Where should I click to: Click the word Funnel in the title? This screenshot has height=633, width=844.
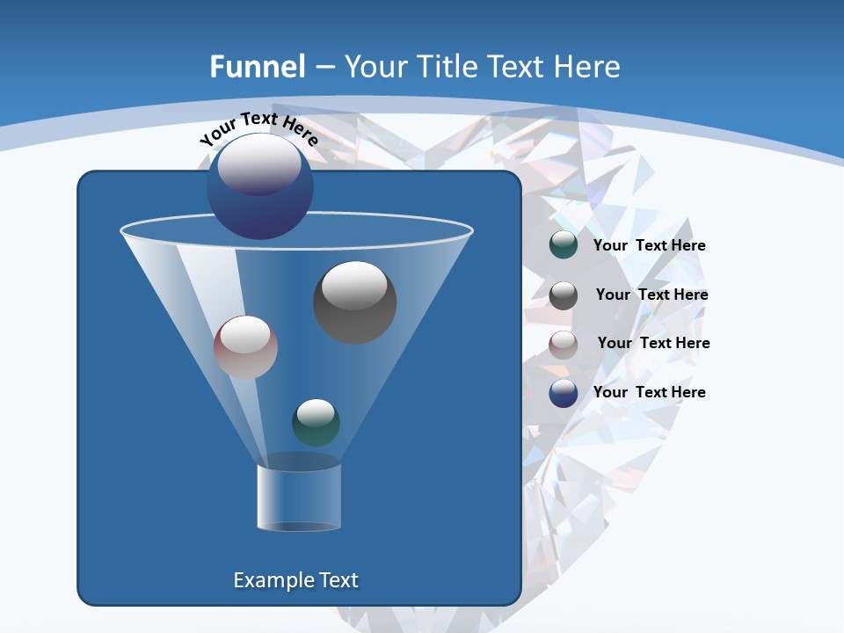[258, 67]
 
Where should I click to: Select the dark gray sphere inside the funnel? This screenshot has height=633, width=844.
[355, 303]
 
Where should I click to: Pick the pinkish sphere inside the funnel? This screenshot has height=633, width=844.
[245, 347]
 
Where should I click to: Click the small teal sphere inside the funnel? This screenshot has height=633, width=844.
[316, 423]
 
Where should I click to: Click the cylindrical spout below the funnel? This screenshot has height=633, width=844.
[299, 498]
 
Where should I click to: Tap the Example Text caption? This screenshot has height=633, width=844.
[295, 580]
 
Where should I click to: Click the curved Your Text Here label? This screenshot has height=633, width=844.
[258, 127]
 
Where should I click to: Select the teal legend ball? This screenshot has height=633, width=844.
[564, 245]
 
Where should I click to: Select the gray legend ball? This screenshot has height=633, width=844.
[564, 295]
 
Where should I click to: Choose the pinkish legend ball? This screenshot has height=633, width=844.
[564, 345]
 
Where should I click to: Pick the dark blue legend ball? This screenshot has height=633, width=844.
[564, 393]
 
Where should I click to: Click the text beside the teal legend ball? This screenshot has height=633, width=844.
[649, 246]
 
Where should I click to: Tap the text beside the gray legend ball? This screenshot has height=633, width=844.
[651, 295]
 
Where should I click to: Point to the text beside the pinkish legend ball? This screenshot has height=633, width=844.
[653, 344]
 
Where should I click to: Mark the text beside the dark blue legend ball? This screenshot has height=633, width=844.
[649, 392]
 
